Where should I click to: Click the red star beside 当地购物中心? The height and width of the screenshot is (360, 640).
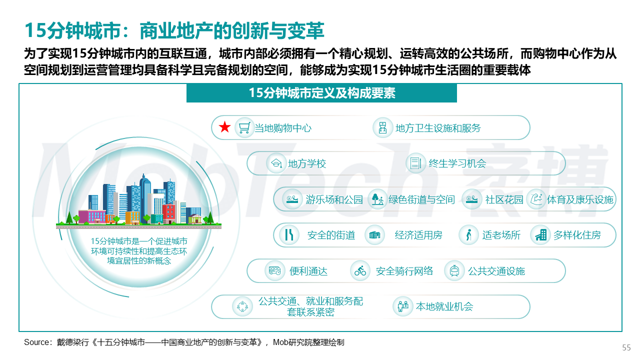click(225, 127)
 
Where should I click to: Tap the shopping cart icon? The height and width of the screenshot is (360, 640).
click(244, 127)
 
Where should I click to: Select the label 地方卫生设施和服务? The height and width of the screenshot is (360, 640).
click(438, 128)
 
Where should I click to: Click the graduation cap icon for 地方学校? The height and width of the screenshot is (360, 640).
click(276, 163)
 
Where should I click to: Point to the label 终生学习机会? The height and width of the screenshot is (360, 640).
click(457, 163)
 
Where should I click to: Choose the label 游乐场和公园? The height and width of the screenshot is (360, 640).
click(334, 199)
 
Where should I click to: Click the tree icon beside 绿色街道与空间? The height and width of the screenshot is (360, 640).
click(377, 199)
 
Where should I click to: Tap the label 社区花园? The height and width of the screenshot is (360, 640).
click(504, 199)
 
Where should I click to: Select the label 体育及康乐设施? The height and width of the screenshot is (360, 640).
click(580, 199)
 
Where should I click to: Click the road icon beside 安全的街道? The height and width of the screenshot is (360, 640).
click(289, 235)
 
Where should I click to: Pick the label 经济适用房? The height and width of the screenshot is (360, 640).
click(418, 235)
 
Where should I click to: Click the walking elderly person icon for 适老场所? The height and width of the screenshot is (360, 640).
click(468, 235)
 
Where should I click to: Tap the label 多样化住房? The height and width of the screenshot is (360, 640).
click(577, 235)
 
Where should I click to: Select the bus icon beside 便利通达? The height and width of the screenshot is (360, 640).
click(274, 270)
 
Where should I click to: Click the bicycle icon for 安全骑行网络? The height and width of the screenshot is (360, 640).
click(360, 270)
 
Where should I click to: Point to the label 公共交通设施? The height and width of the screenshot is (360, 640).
click(496, 271)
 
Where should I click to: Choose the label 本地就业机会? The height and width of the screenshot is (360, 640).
click(444, 306)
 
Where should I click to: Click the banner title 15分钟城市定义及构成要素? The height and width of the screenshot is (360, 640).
click(322, 93)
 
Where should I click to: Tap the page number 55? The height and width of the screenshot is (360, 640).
click(626, 347)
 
